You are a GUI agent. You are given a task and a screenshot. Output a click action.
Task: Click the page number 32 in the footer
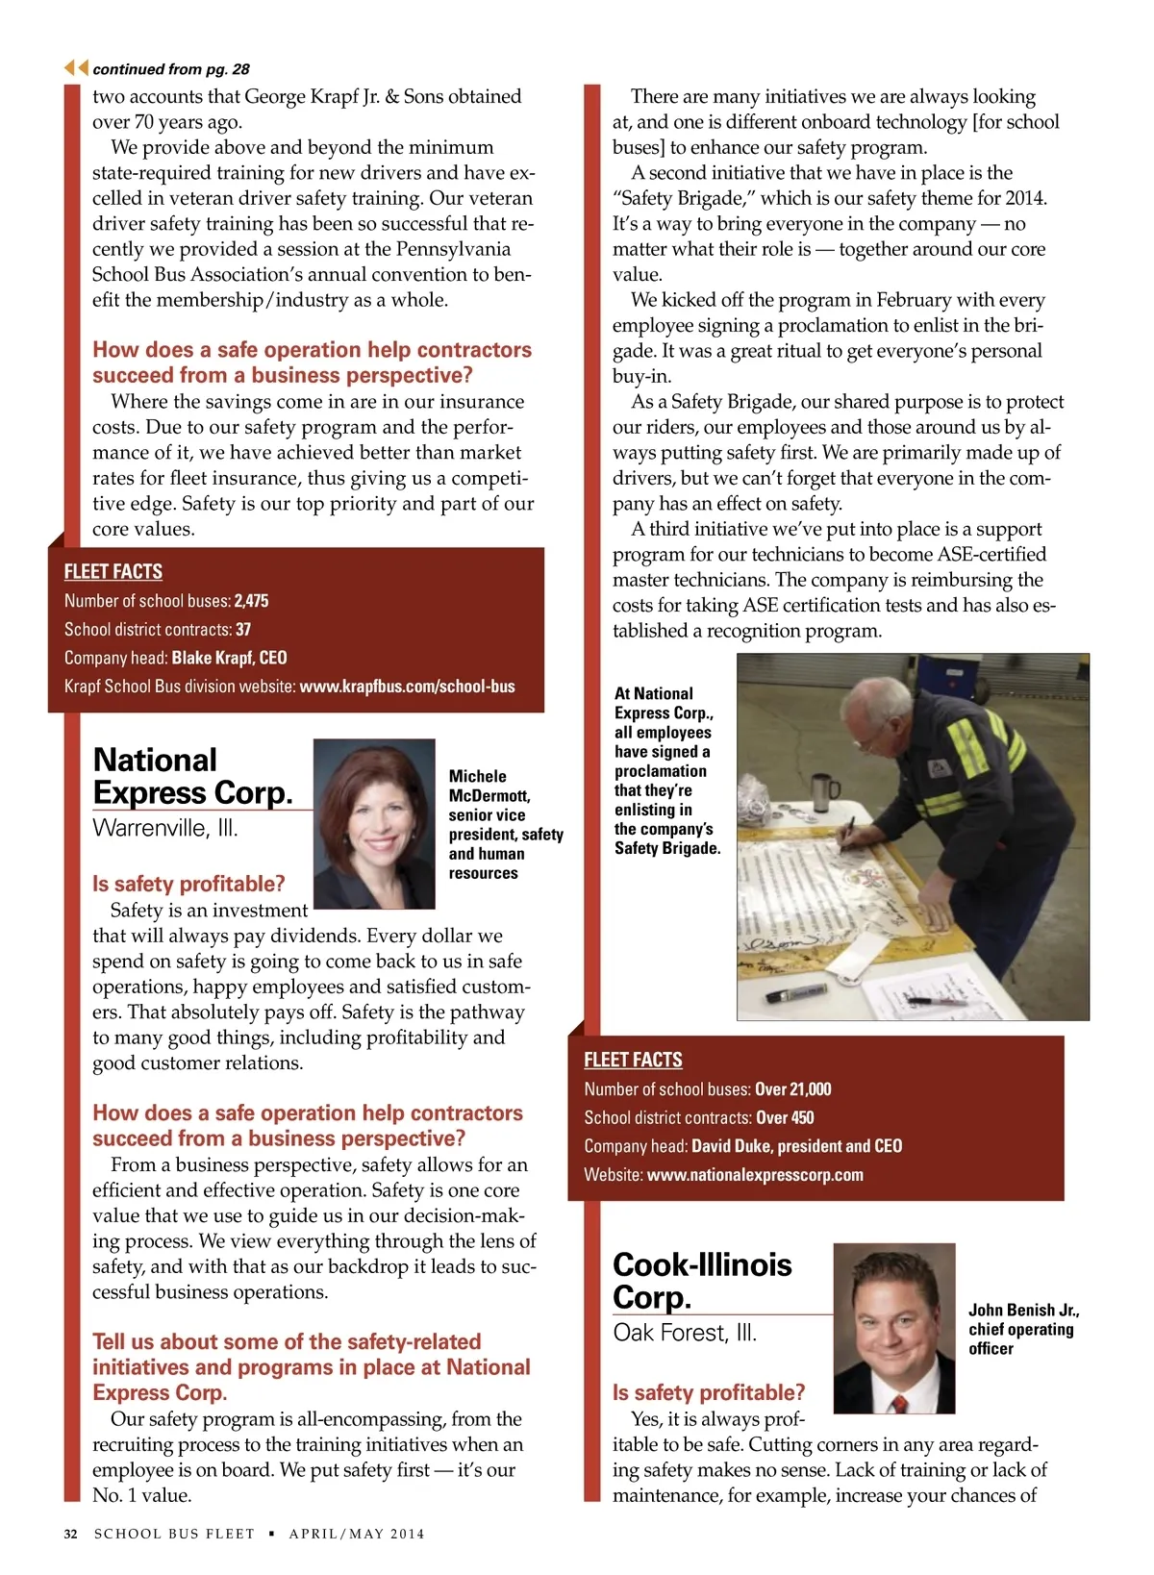(x=70, y=1534)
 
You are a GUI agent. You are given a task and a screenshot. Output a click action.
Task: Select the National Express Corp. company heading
(x=192, y=776)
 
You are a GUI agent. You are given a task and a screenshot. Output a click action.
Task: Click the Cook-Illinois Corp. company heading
(x=702, y=1280)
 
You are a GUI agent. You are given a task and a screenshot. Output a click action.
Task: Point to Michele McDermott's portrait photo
(x=374, y=824)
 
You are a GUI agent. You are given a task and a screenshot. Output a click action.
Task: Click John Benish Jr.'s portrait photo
(x=893, y=1328)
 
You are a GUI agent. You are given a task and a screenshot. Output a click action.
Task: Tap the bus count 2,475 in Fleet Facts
(x=251, y=601)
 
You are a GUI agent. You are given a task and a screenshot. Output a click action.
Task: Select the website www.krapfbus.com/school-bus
(x=407, y=687)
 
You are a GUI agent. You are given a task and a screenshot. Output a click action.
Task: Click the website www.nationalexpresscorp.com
(x=755, y=1175)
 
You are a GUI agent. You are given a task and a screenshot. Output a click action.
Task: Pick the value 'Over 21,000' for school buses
(x=792, y=1089)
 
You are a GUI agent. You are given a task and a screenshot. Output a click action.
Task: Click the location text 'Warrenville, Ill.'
(x=164, y=828)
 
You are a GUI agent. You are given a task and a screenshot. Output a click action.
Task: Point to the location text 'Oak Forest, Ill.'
(x=685, y=1333)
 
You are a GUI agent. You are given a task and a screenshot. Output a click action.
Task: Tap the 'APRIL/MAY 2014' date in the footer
(x=357, y=1534)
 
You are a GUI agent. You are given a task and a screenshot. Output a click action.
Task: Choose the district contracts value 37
(x=243, y=630)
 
